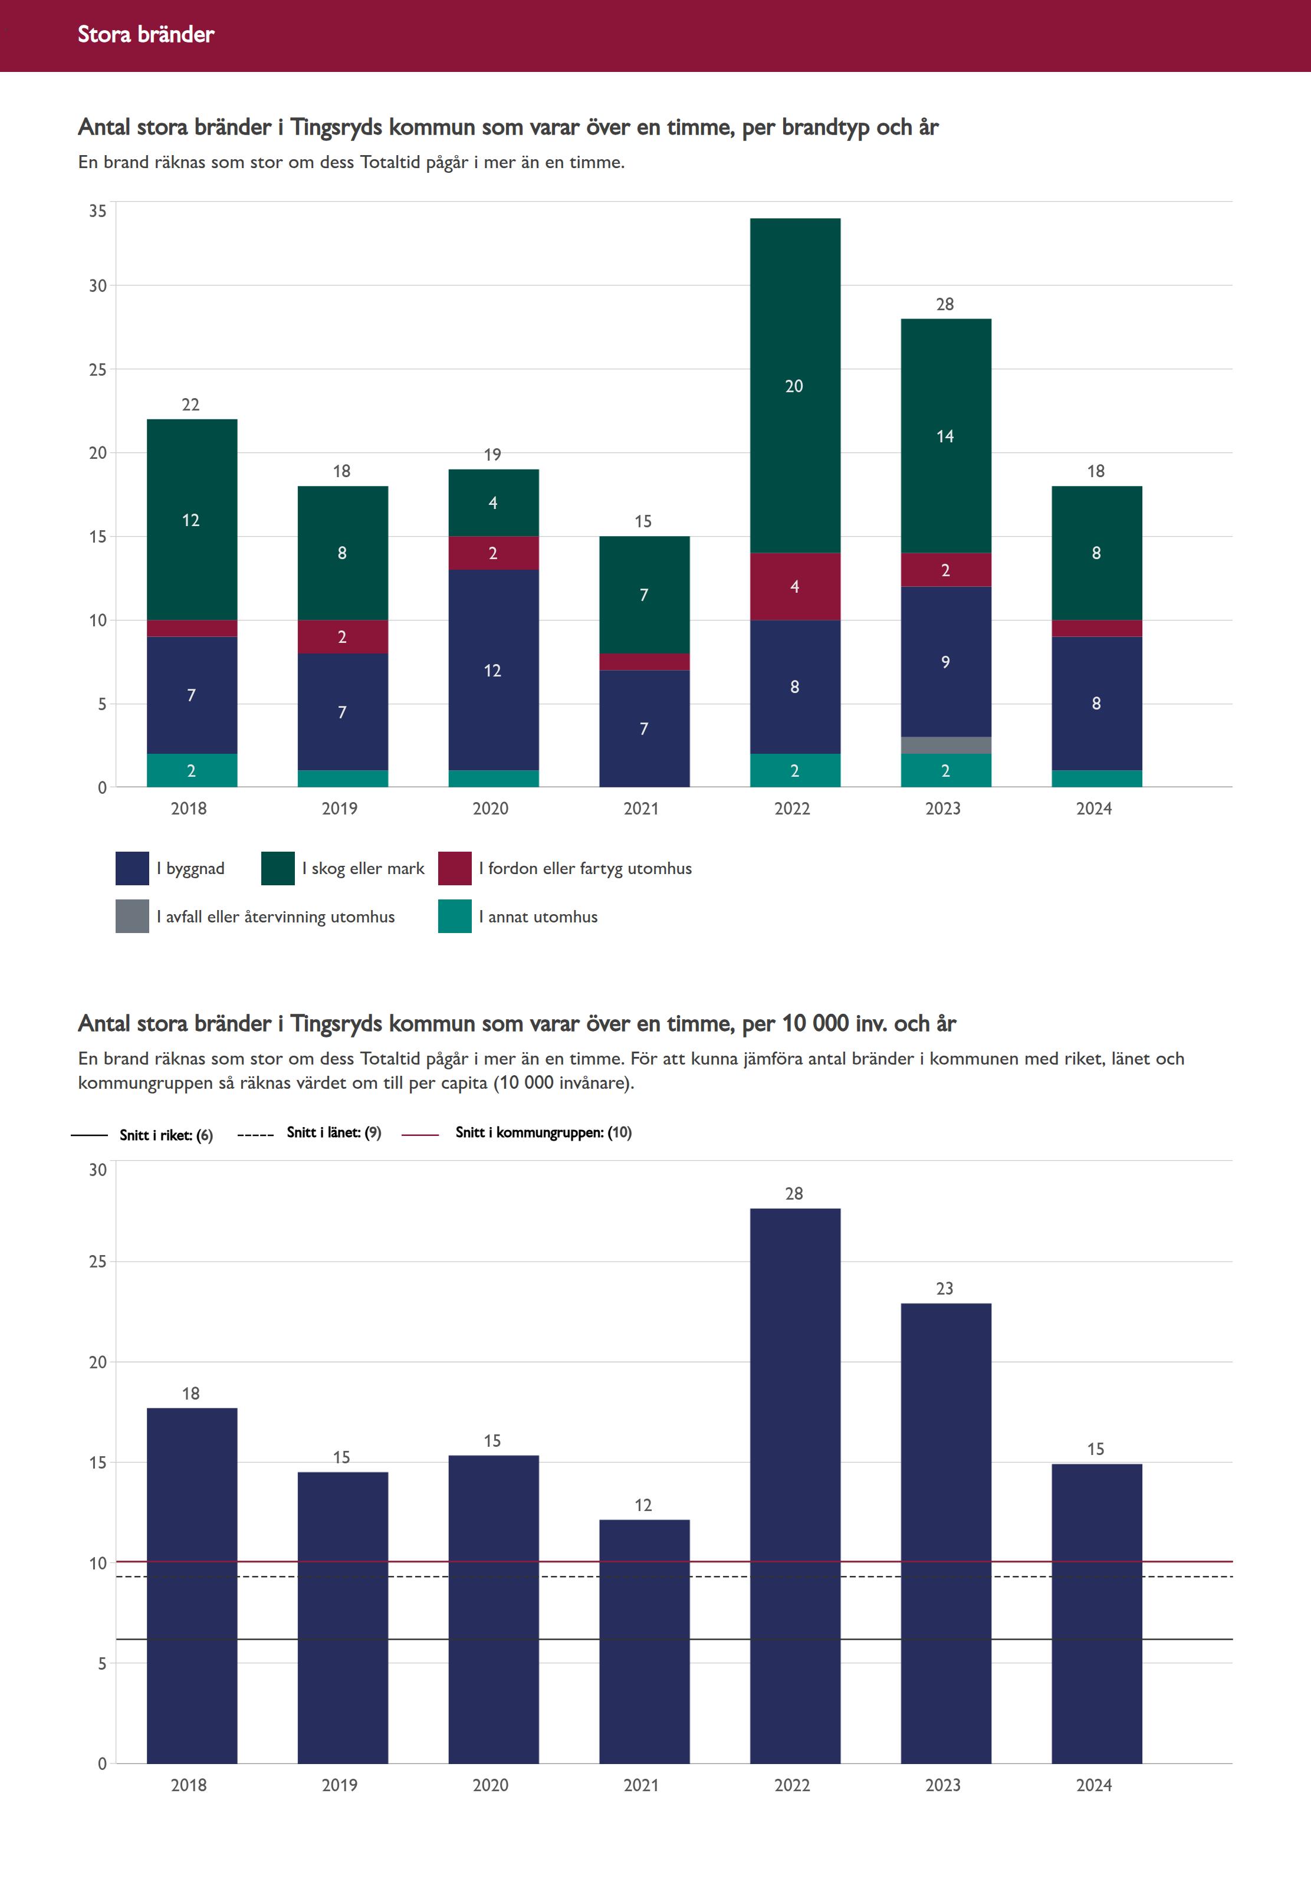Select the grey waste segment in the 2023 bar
pos(945,745)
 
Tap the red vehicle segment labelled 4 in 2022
pos(794,586)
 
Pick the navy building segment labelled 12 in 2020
pos(493,669)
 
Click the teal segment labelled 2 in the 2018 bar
pos(192,770)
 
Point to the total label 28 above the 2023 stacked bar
pos(945,304)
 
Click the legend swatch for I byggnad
pos(132,868)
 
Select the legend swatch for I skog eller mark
pos(278,868)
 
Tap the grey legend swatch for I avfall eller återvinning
pos(132,916)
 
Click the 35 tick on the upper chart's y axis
pos(98,211)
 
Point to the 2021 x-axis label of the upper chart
pos(640,808)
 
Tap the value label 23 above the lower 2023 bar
pos(945,1288)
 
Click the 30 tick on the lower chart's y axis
pos(98,1170)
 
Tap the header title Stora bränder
pos(146,34)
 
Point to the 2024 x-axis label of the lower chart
pos(1093,1785)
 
